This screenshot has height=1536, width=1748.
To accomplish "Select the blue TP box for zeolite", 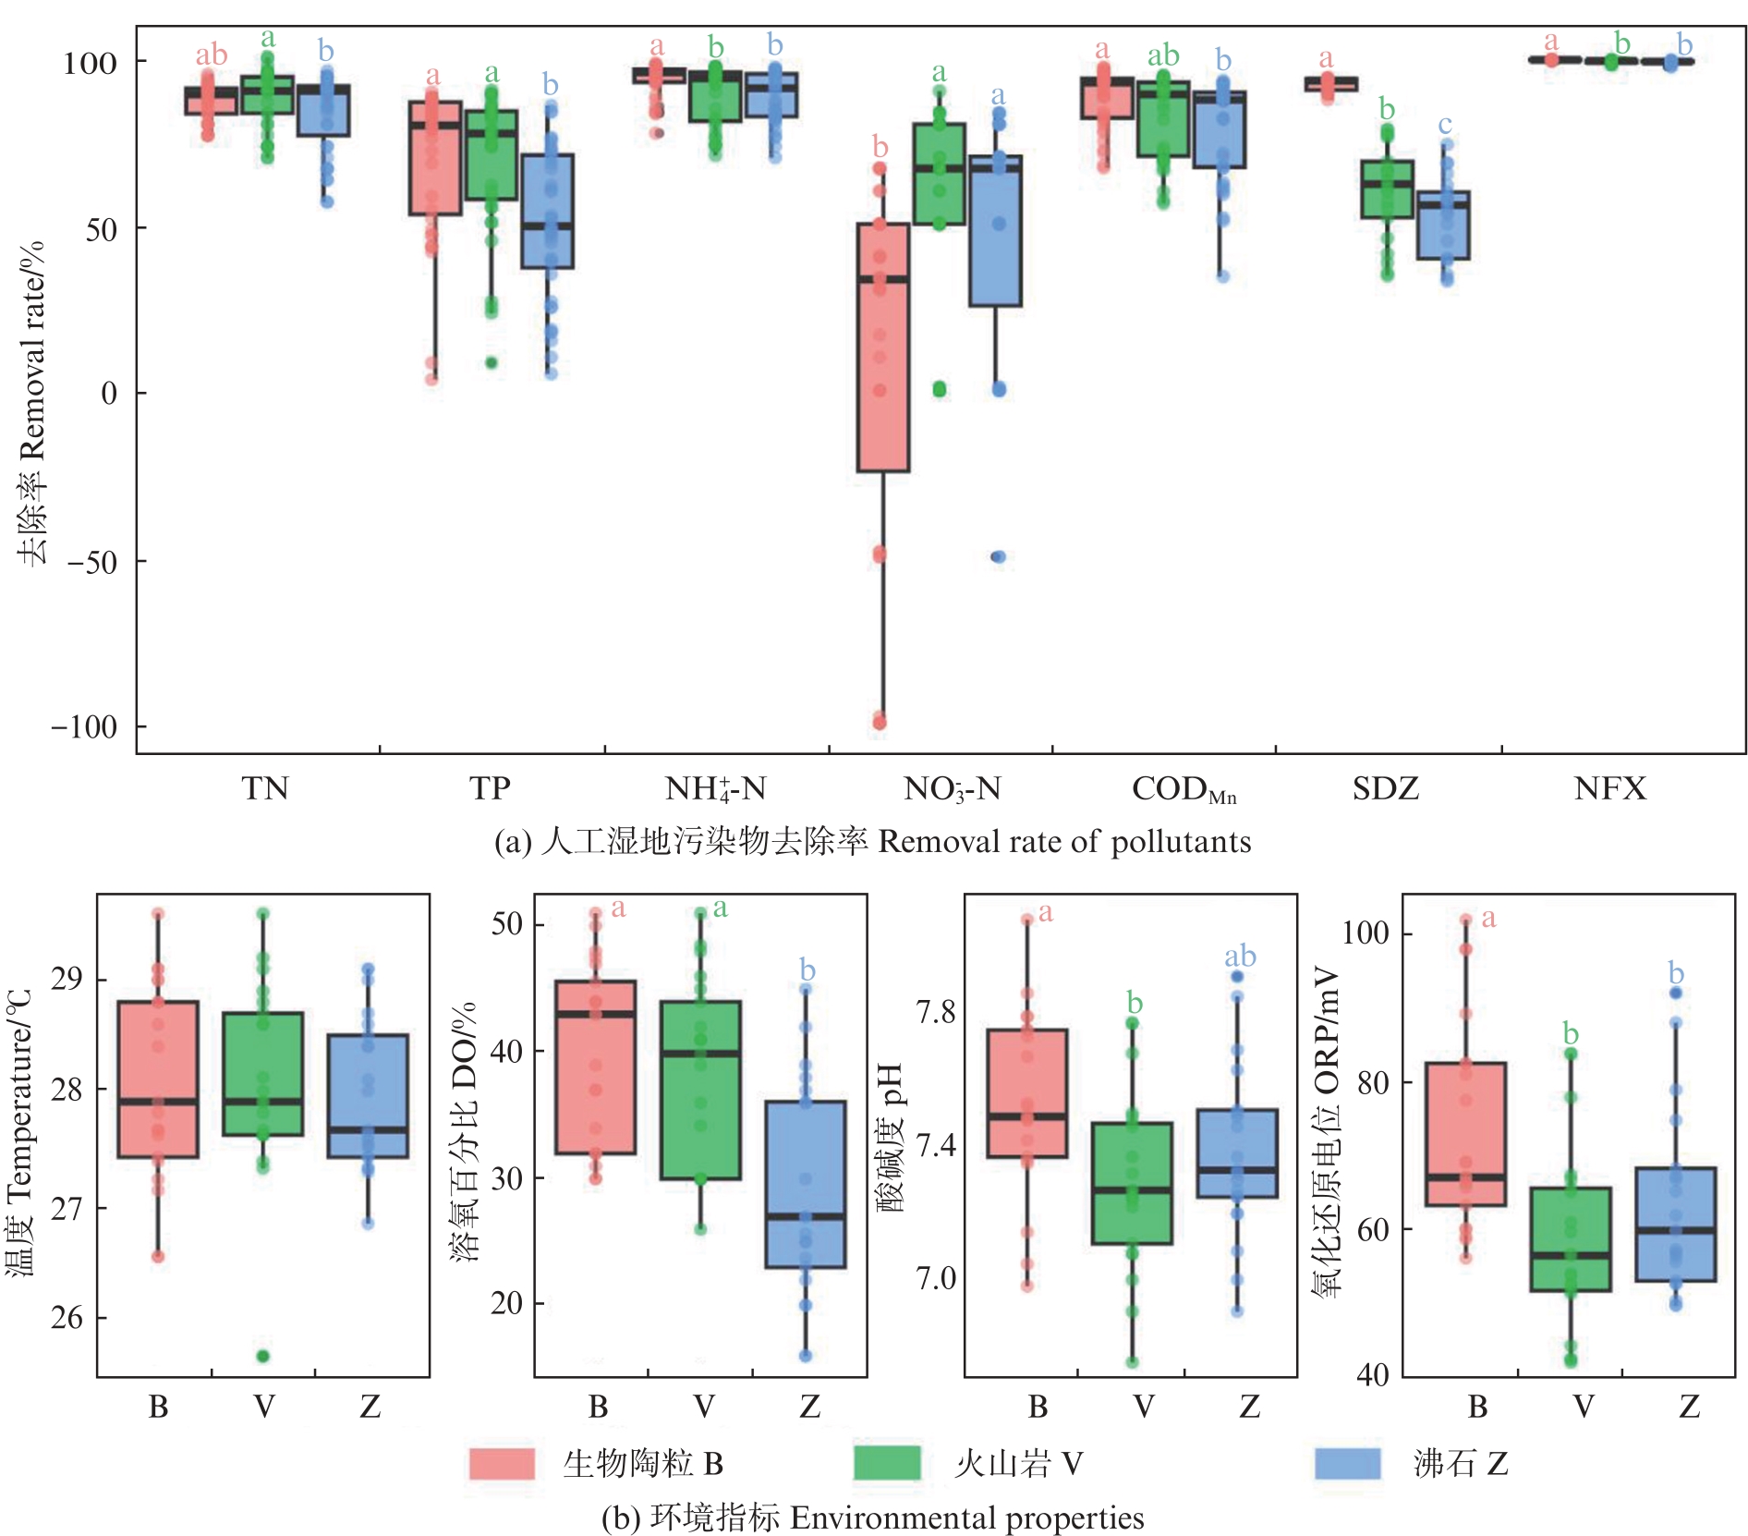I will point(547,212).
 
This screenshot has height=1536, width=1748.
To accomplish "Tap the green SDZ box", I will point(1387,189).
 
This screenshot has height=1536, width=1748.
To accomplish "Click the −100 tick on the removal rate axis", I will point(84,726).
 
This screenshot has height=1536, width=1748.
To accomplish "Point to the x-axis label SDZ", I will point(1385,788).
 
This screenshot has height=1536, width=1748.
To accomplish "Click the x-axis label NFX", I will point(1609,788).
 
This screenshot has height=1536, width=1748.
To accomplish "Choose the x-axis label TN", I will point(265,788).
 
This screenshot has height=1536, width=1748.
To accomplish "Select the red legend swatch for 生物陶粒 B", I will point(502,1464).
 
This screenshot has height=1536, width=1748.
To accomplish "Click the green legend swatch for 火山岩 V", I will point(887,1464).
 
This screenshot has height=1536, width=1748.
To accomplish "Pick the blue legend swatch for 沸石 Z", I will point(1347,1464).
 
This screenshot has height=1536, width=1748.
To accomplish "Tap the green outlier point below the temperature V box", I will point(263,1356).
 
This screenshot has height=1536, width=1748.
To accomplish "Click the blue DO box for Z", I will point(806,1184).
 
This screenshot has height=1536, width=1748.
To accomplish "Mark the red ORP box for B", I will point(1465,1134).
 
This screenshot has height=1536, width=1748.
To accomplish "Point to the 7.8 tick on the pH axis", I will point(935,1013).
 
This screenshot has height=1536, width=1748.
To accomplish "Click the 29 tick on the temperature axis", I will point(67,979).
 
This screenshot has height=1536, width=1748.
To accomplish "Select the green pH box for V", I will point(1132,1183).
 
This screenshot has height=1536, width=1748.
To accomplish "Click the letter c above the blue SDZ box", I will point(1445,125).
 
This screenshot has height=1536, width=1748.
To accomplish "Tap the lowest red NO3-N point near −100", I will point(880,722).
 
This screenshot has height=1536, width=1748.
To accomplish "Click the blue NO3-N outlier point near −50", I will point(998,556).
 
